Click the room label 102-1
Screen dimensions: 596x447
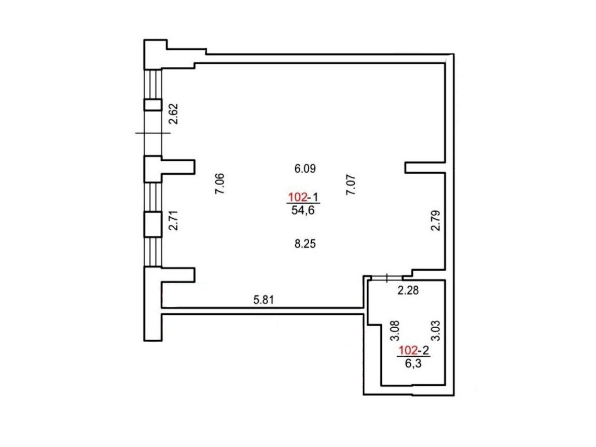click(x=303, y=197)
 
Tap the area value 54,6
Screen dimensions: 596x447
click(x=303, y=210)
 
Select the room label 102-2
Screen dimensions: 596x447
click(x=413, y=350)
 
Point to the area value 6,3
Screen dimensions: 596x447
click(x=413, y=364)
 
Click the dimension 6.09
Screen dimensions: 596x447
click(x=305, y=168)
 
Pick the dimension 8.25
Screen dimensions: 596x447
click(x=305, y=244)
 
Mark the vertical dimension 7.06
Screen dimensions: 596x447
click(x=220, y=184)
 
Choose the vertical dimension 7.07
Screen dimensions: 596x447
click(x=351, y=185)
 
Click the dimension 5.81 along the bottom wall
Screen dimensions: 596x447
click(x=264, y=300)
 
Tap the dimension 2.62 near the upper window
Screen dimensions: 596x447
click(x=174, y=114)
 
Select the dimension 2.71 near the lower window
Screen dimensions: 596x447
click(x=174, y=220)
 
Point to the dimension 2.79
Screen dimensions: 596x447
click(x=436, y=220)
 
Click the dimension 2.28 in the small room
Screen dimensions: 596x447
click(x=408, y=290)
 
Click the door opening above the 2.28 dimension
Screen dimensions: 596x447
click(x=386, y=278)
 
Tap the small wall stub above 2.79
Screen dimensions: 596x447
click(x=425, y=167)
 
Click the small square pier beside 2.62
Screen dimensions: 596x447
click(x=153, y=105)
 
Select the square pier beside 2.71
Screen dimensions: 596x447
click(x=153, y=225)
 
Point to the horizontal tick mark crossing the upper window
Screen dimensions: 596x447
click(x=153, y=133)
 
